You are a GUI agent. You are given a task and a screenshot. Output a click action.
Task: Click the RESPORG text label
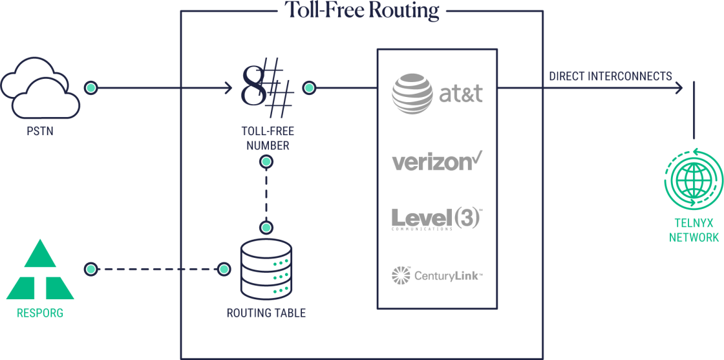point(40,315)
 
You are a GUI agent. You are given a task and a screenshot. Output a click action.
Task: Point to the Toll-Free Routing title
point(362,10)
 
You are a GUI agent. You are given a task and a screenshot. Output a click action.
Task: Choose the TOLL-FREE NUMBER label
point(266,138)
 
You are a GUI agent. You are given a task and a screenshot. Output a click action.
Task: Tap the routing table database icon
point(266,268)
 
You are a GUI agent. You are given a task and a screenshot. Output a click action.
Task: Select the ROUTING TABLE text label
point(266,314)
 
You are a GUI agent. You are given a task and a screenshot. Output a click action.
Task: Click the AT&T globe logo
point(412,94)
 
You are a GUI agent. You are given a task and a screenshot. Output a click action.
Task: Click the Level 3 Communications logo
point(437,218)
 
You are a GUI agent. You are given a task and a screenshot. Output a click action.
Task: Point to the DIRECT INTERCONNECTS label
point(610,76)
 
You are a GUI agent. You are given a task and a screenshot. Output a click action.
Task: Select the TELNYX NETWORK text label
point(694,231)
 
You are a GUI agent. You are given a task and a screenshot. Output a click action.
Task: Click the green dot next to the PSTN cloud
point(91,87)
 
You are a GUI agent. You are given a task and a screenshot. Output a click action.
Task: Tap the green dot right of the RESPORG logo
point(90,268)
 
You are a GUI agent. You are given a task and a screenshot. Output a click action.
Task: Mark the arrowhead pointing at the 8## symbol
point(228,87)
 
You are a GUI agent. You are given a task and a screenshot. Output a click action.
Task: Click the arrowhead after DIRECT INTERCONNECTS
point(678,87)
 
